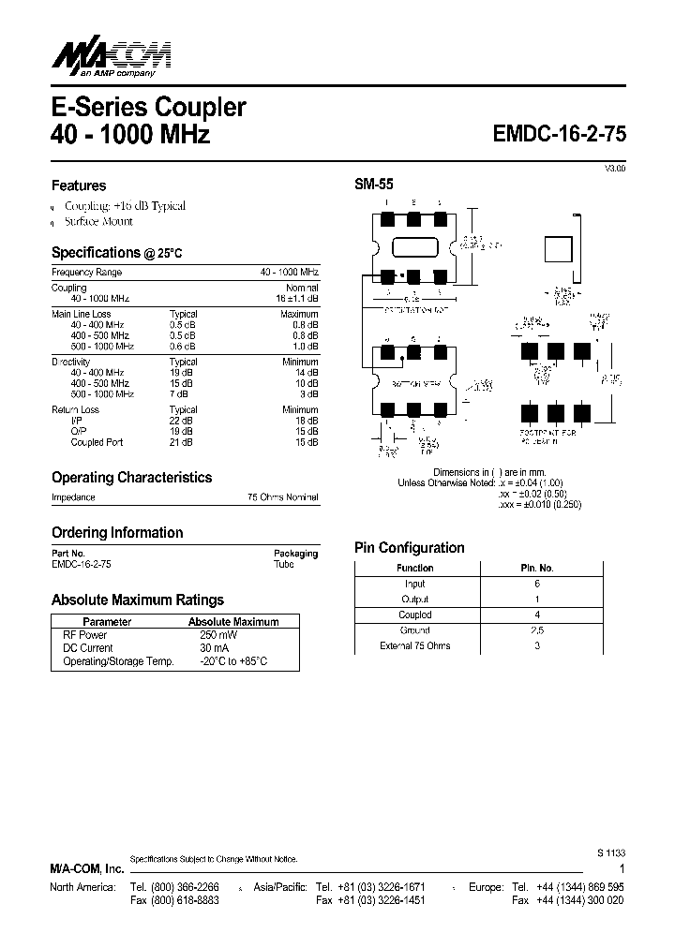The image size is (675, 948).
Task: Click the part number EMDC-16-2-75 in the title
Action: (560, 134)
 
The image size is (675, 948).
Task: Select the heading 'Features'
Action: (79, 185)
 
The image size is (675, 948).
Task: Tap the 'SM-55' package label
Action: (373, 185)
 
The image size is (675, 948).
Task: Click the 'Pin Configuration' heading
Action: (409, 548)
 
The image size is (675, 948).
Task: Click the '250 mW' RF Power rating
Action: (205, 635)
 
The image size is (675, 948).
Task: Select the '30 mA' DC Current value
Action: (202, 648)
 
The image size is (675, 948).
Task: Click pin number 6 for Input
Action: (537, 584)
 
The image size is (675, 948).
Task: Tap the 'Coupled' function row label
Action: (414, 615)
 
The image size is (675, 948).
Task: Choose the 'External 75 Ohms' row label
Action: (414, 646)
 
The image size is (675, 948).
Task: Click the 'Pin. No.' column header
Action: (537, 568)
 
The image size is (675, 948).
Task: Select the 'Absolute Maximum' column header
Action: (233, 621)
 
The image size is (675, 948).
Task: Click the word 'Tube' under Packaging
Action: (283, 565)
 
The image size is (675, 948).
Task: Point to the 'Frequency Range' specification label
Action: (86, 272)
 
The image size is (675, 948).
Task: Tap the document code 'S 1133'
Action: (609, 853)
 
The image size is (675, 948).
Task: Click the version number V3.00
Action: (614, 168)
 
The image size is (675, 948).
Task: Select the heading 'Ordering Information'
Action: (117, 533)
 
